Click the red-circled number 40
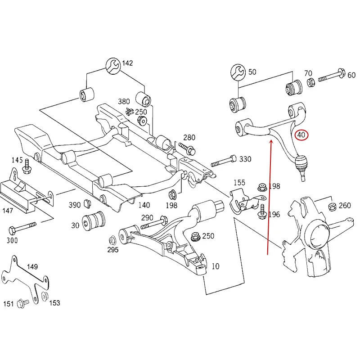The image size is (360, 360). [x=301, y=135]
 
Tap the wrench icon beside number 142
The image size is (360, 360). [x=113, y=66]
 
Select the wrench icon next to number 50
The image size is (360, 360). [x=238, y=72]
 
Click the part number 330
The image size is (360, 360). [x=245, y=159]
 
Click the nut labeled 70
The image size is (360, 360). [x=311, y=82]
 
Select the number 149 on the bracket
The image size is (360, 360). [x=32, y=266]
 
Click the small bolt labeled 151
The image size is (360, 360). [x=23, y=303]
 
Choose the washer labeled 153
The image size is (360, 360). [x=45, y=296]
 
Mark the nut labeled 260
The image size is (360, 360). [x=332, y=207]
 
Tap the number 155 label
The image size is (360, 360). [x=239, y=183]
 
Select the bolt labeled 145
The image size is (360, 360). [x=27, y=166]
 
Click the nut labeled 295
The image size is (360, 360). [x=112, y=240]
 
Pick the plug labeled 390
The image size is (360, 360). [x=87, y=203]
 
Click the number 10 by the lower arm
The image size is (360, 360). [x=216, y=266]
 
